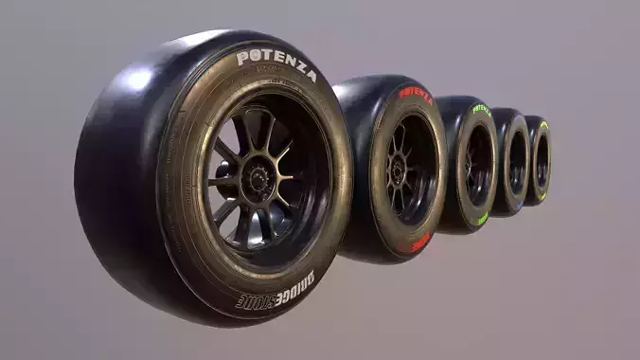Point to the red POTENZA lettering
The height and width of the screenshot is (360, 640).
(x=415, y=95)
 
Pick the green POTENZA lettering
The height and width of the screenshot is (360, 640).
(x=482, y=109)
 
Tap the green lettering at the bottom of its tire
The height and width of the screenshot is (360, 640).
(x=482, y=219)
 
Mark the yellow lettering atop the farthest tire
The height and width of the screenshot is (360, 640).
(x=543, y=126)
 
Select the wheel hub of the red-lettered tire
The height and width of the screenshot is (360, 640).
(x=399, y=171)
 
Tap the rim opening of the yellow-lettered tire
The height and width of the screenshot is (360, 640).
(x=542, y=161)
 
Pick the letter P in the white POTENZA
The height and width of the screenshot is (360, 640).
(x=242, y=59)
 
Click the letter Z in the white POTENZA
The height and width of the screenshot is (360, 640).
(x=293, y=67)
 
